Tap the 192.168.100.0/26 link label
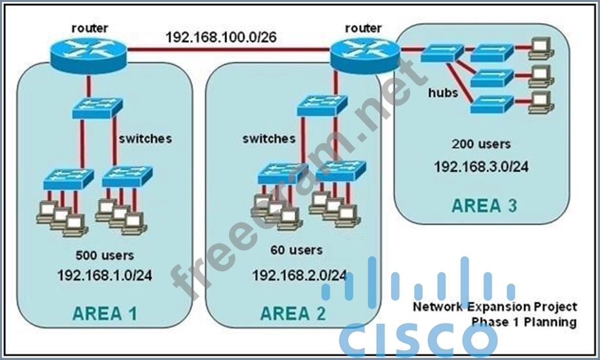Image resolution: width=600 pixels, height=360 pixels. click(x=221, y=37)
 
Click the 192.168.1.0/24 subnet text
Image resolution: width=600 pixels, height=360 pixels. click(x=105, y=275)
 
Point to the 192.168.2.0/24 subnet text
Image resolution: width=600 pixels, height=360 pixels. click(x=300, y=275)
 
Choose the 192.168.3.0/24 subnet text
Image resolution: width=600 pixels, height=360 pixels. click(x=481, y=166)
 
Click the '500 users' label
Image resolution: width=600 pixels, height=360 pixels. click(x=105, y=255)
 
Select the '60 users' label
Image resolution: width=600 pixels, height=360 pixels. click(x=296, y=250)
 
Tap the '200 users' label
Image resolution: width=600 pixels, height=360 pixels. click(x=481, y=143)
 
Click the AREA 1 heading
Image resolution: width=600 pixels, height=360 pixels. click(x=105, y=314)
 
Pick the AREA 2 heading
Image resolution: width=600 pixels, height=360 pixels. click(x=292, y=314)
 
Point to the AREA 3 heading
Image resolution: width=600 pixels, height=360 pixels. click(x=484, y=206)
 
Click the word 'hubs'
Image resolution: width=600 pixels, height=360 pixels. click(x=443, y=93)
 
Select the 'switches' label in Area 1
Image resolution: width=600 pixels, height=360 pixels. click(x=145, y=138)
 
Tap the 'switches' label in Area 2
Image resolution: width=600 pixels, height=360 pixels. click(x=268, y=138)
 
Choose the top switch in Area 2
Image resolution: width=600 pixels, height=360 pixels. click(x=321, y=105)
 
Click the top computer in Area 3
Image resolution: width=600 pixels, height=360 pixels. click(x=540, y=46)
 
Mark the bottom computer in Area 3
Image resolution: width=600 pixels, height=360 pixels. click(x=540, y=100)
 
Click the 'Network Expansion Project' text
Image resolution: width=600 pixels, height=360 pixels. click(x=495, y=306)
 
